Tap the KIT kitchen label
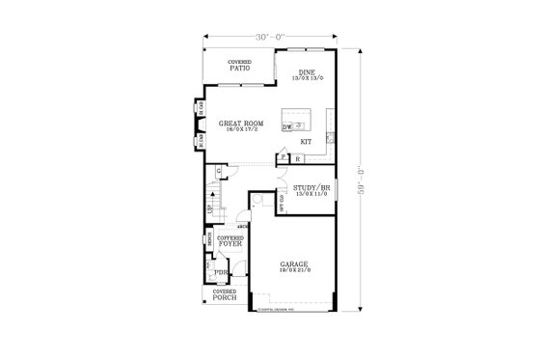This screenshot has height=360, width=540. (x=305, y=142)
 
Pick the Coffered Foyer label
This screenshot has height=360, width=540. (x=229, y=242)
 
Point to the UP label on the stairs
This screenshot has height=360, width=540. (x=209, y=209)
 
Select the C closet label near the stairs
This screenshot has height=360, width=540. (x=220, y=172)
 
